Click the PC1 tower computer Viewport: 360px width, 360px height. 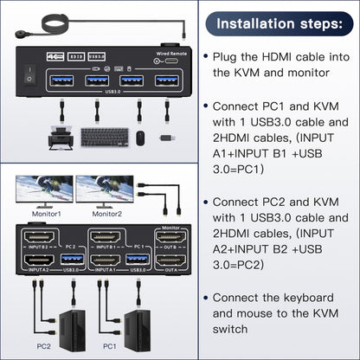[138, 325]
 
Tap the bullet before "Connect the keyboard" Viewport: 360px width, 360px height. [205, 299]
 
